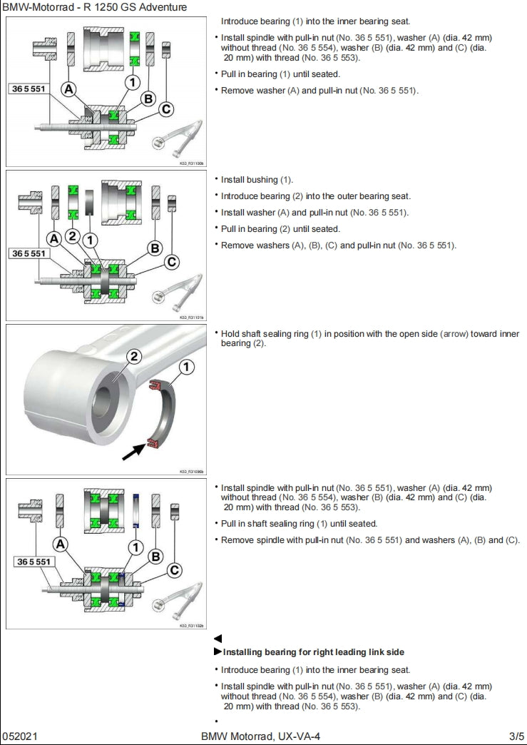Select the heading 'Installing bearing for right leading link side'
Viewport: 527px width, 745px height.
click(314, 652)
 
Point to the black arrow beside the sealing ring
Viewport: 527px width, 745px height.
click(135, 450)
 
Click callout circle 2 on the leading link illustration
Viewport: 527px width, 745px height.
click(133, 357)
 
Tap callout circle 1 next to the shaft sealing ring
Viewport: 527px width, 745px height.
click(186, 368)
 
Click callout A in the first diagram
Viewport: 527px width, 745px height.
click(69, 89)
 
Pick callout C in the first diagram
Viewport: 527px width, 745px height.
click(166, 109)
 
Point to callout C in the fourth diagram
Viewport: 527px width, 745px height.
click(173, 570)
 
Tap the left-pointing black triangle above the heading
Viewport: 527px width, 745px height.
click(218, 639)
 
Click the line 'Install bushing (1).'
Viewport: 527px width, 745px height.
click(257, 180)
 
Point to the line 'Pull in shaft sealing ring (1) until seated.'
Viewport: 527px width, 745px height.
click(299, 524)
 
